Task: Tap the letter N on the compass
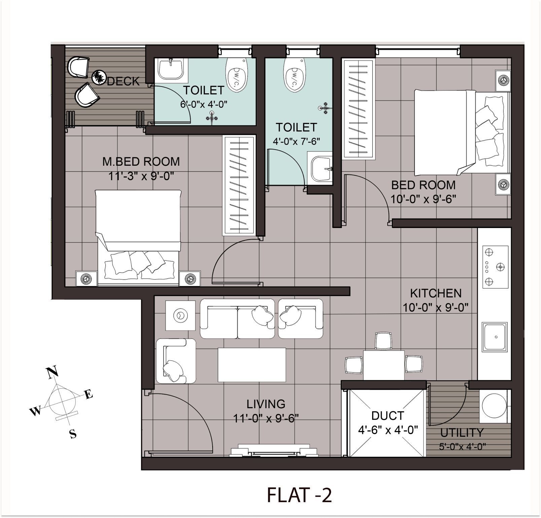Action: pos(52,373)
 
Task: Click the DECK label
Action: pos(123,81)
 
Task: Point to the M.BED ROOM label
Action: pos(141,162)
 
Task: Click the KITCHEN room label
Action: pos(436,293)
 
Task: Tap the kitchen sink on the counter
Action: pos(495,337)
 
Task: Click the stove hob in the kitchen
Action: pos(495,267)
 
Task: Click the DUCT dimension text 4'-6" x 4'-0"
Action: pos(388,430)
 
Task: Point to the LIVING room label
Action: pos(266,404)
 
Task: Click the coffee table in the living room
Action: pos(252,365)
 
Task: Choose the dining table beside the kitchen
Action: pos(384,365)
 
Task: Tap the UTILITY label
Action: pos(462,433)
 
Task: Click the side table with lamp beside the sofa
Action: pos(180,316)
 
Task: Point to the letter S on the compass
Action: pos(73,434)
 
